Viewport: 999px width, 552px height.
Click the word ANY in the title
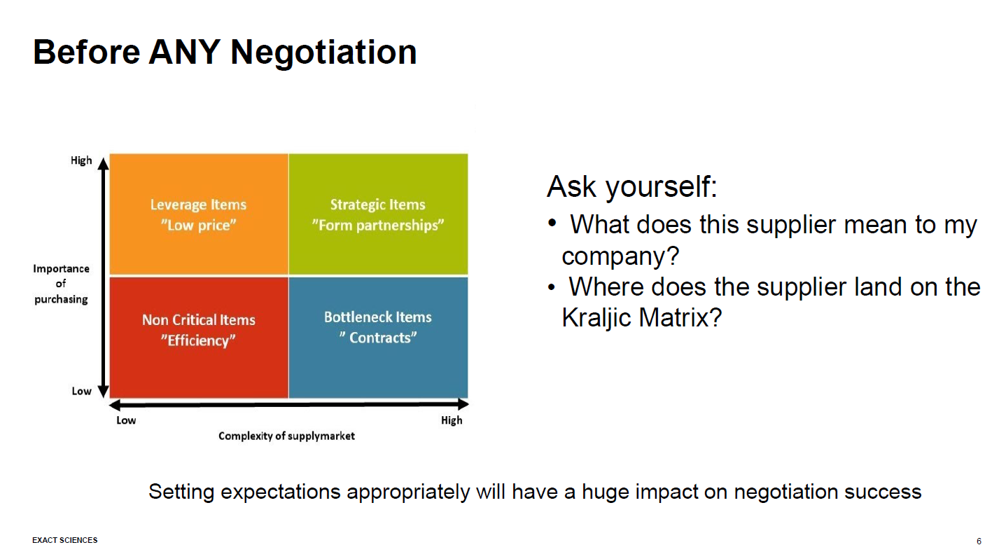pyautogui.click(x=185, y=52)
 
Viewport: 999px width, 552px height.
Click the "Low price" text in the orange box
pyautogui.click(x=199, y=226)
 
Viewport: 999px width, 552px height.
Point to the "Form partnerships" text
pyautogui.click(x=378, y=226)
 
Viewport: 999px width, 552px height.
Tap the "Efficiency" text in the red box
pyautogui.click(x=199, y=340)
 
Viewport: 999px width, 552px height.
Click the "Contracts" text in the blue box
pyautogui.click(x=378, y=338)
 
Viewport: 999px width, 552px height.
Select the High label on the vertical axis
pyautogui.click(x=81, y=160)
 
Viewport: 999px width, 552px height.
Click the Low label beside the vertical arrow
pyautogui.click(x=81, y=391)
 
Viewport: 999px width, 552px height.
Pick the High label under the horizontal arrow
pyautogui.click(x=452, y=420)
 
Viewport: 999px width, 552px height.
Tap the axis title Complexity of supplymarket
pyautogui.click(x=286, y=436)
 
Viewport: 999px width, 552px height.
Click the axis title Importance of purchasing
pyautogui.click(x=62, y=284)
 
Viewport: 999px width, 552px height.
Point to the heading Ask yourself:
pyautogui.click(x=631, y=187)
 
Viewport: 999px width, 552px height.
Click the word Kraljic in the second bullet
pyautogui.click(x=599, y=318)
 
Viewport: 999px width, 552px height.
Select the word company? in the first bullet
pyautogui.click(x=620, y=256)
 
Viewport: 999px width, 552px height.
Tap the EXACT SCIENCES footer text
pyautogui.click(x=65, y=540)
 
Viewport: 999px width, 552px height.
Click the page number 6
pyautogui.click(x=979, y=541)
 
